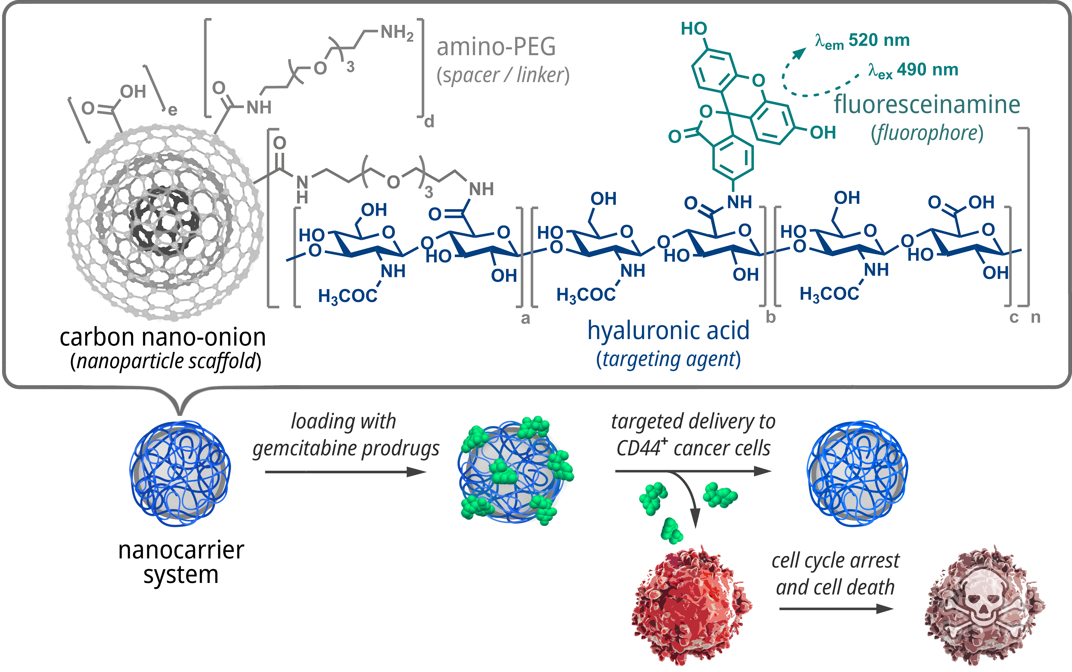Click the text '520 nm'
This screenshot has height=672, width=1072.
pos(879,40)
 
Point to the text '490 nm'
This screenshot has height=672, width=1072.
pos(927,70)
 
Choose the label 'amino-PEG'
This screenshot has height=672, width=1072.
pos(496,47)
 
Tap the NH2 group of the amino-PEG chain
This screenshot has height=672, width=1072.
pos(397,33)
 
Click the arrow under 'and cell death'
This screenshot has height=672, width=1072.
pos(836,608)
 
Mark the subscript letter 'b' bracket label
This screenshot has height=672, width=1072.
pos(771,317)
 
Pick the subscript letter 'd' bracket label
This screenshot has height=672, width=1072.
pos(429,121)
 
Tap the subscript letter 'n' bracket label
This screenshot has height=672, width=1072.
pos(1036,317)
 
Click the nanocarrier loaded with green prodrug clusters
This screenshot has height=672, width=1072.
pos(515,471)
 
